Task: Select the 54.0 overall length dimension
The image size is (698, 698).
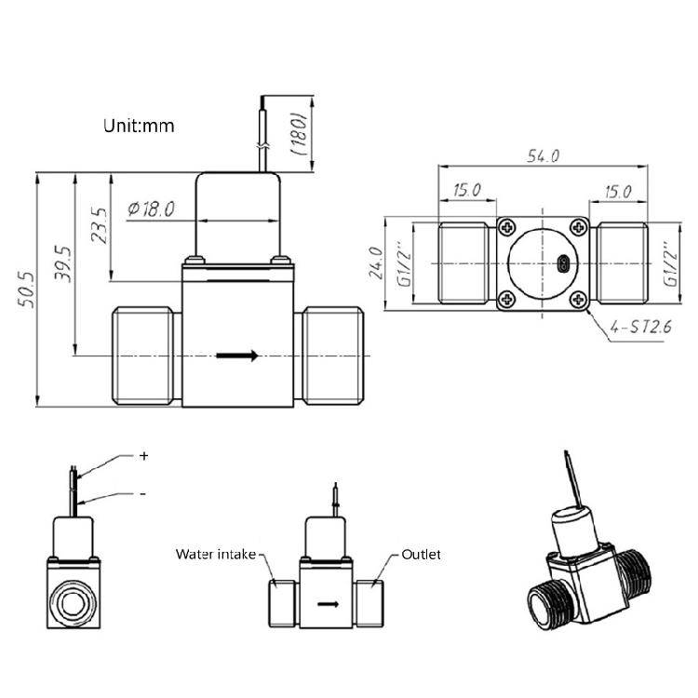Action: [x=543, y=156]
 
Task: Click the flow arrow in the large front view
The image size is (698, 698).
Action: [x=237, y=356]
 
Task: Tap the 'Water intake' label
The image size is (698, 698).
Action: [x=215, y=555]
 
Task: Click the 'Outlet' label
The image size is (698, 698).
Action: [x=421, y=555]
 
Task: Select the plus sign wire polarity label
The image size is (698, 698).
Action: [x=143, y=456]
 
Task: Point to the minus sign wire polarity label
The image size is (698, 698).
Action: [x=142, y=494]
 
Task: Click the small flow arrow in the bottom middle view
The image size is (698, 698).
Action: [x=328, y=604]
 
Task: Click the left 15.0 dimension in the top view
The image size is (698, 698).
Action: [x=466, y=191]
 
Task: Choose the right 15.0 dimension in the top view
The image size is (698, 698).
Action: [x=618, y=192]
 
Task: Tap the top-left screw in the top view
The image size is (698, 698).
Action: [x=507, y=226]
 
